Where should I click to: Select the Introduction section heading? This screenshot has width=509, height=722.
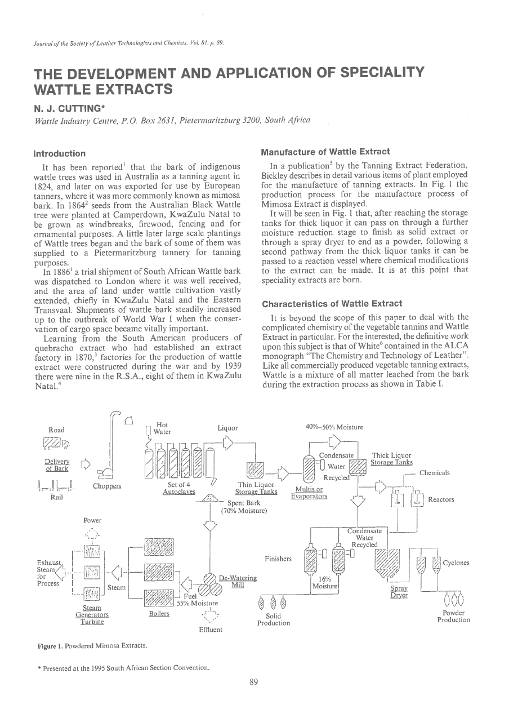60,153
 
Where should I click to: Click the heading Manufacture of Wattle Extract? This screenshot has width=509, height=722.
326,152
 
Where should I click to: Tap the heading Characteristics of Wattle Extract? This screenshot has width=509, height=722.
332,304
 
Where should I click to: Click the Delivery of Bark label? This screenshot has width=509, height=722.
57,464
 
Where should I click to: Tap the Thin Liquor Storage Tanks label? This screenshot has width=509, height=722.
256,488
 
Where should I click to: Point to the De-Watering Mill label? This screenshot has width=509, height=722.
238,581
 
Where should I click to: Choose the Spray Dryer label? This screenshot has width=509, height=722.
399,591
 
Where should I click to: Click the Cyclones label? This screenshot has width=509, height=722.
456,562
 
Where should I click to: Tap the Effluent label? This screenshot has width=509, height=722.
211,630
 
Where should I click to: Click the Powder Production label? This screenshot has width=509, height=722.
453,616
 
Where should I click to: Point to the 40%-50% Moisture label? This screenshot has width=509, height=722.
335,427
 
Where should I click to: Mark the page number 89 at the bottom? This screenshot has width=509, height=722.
253,682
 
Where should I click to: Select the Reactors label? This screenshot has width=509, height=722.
441,499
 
